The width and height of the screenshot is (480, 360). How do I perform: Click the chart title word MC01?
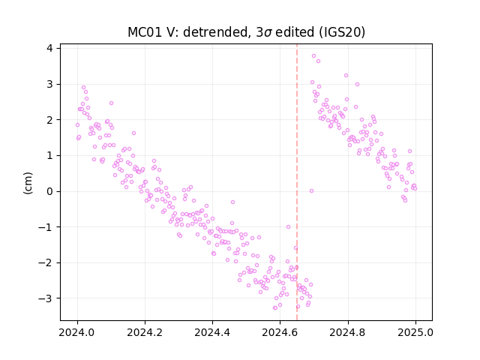pos(145,32)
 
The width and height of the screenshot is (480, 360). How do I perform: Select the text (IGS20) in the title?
pos(342,32)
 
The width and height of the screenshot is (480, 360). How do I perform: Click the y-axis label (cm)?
pos(28,183)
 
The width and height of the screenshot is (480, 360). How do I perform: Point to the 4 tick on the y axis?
pos(49,48)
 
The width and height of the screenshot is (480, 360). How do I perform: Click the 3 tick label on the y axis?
pos(49,84)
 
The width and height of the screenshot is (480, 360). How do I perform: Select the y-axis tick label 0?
pos(49,191)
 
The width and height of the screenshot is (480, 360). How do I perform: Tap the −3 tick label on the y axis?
pos(45,298)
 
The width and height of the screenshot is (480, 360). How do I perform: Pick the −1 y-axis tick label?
pos(45,227)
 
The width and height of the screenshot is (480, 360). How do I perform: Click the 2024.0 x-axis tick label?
pos(77,332)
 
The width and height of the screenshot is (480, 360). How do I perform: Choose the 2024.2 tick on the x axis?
pos(145,332)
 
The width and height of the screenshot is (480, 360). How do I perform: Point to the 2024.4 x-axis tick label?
pos(212,332)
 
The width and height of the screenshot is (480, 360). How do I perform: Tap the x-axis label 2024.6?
pos(280,332)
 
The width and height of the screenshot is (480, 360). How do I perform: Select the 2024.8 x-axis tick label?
pos(348,332)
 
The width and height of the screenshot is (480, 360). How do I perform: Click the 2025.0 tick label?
pos(415,332)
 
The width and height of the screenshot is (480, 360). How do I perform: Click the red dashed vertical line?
pos(297,182)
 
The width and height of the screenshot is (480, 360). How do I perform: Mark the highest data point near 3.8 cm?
pos(313,56)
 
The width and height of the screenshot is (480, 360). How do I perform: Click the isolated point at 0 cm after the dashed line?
pos(312,191)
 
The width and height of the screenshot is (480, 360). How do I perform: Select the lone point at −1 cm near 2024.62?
pos(288,226)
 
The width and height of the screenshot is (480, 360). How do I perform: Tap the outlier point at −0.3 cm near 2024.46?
pos(232,202)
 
